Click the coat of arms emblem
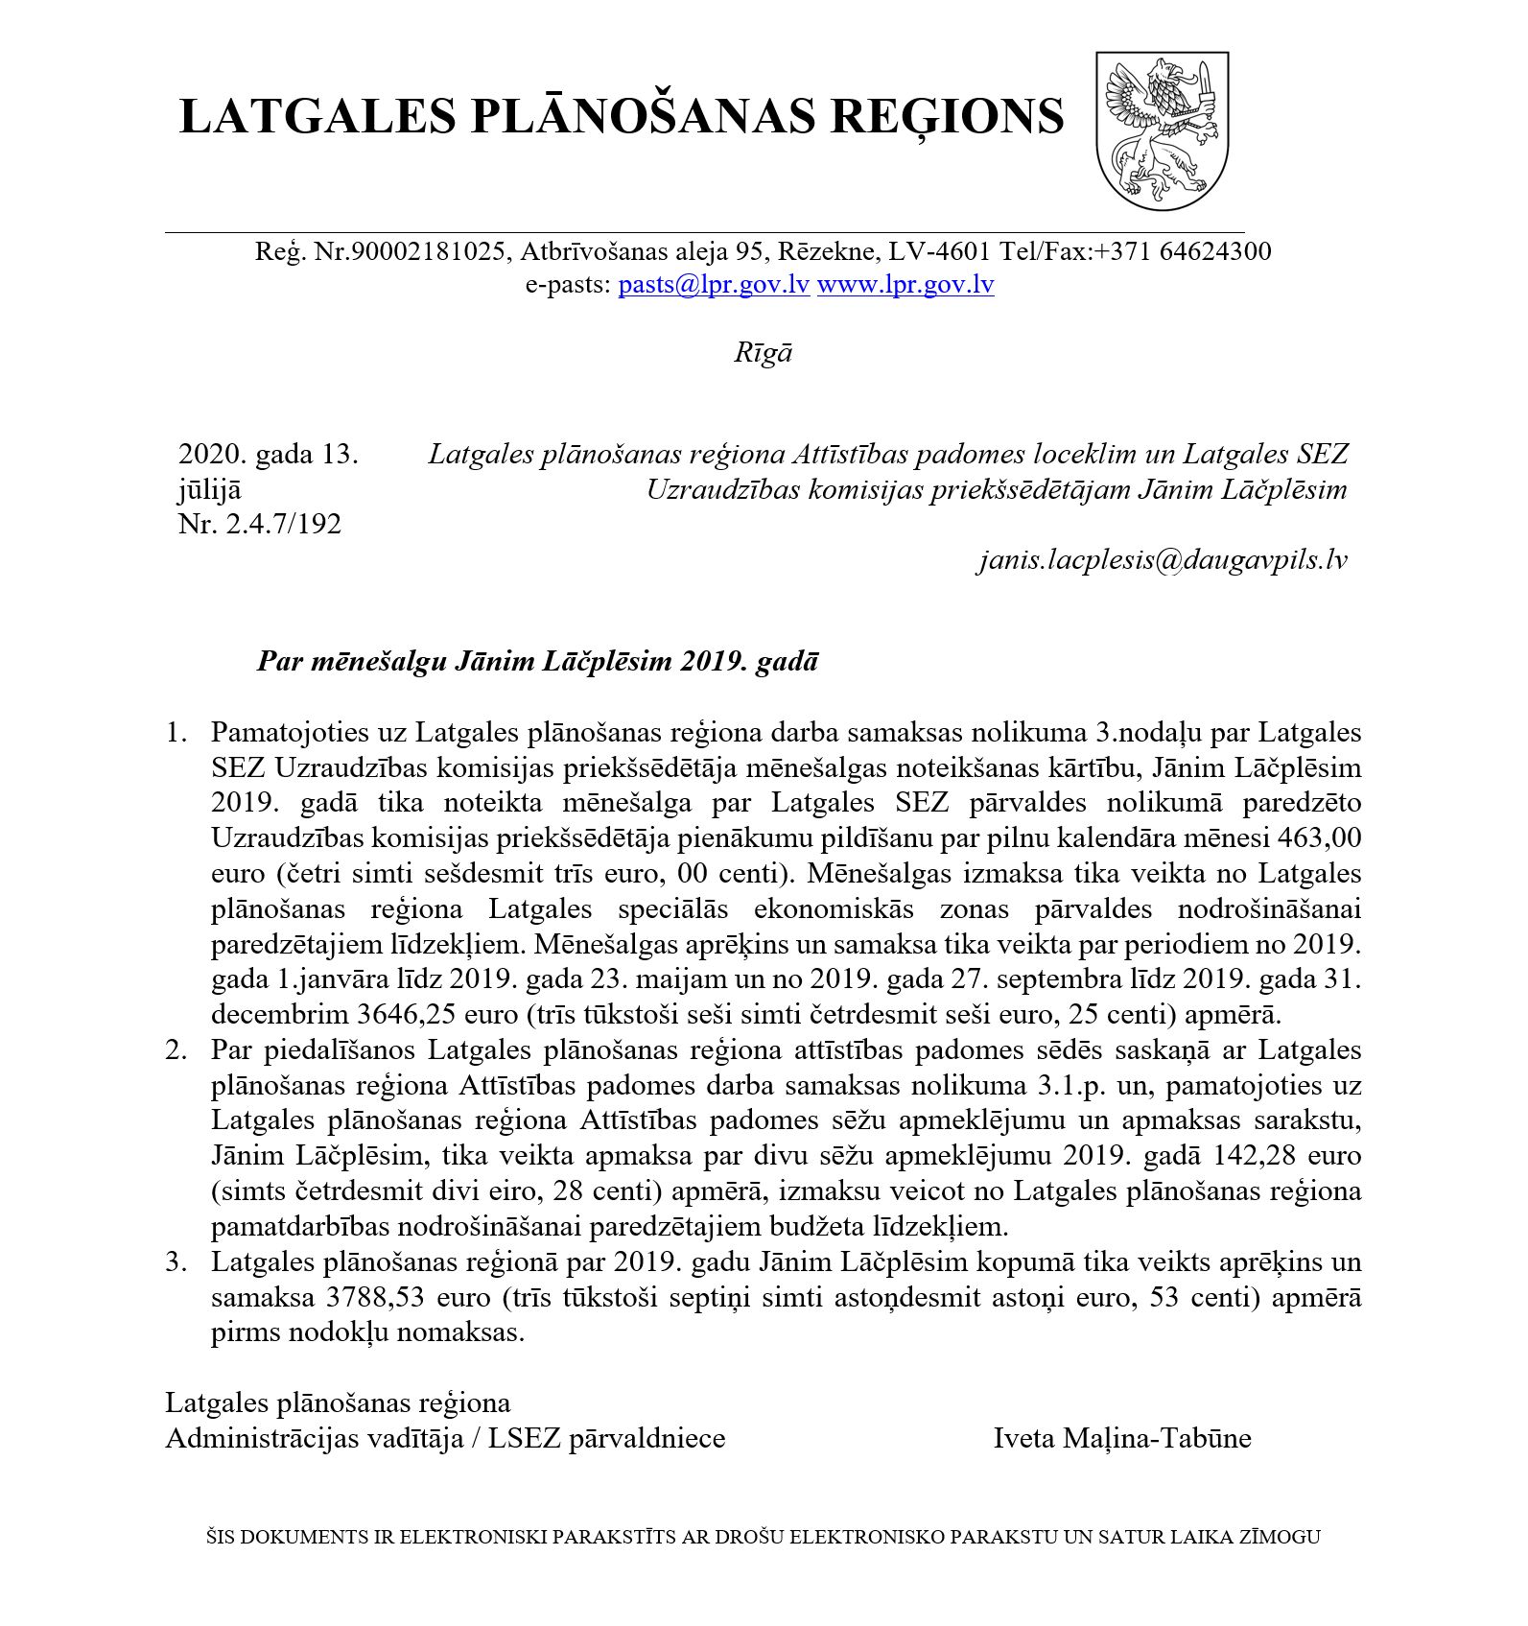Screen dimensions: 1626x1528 (x=1162, y=130)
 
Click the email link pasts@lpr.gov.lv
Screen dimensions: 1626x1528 (x=714, y=285)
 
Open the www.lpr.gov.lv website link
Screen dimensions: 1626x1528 (x=905, y=285)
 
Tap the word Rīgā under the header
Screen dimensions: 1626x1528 (x=763, y=353)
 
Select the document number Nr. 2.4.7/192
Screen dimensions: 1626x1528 (x=260, y=525)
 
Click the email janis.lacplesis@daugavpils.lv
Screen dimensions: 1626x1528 (x=1163, y=560)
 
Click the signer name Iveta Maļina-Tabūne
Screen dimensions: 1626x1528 (x=1122, y=1439)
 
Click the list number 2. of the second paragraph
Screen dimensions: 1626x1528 (x=176, y=1050)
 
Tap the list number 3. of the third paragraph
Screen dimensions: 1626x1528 (x=176, y=1262)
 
